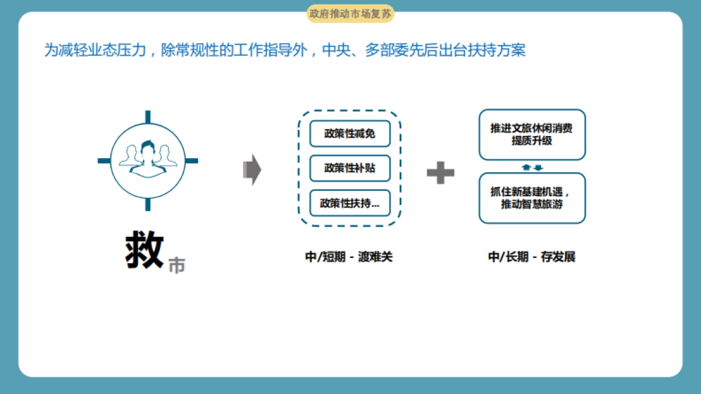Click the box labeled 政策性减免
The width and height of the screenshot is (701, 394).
point(349,134)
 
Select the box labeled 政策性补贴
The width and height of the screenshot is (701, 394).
point(349,169)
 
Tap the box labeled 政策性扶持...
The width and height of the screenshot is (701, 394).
point(349,204)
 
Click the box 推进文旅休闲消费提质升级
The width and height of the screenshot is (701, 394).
point(532,134)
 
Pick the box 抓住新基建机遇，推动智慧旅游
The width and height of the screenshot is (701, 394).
point(532,198)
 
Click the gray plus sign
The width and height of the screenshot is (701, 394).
point(440,172)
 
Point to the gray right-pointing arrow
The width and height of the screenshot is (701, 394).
point(252,170)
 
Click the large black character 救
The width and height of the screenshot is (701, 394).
point(144,251)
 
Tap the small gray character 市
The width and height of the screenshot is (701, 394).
point(176,265)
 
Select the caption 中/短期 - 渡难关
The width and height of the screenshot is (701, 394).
point(349,257)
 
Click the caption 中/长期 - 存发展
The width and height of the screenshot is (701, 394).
point(532,257)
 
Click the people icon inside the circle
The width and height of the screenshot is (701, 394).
point(148,158)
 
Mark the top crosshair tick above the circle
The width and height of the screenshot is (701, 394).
point(148,116)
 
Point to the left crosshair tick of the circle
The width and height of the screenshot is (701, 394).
point(104,161)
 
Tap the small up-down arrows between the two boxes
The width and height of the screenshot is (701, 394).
point(532,168)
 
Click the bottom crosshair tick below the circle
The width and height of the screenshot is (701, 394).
point(148,204)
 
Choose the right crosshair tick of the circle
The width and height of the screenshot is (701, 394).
point(192,161)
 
